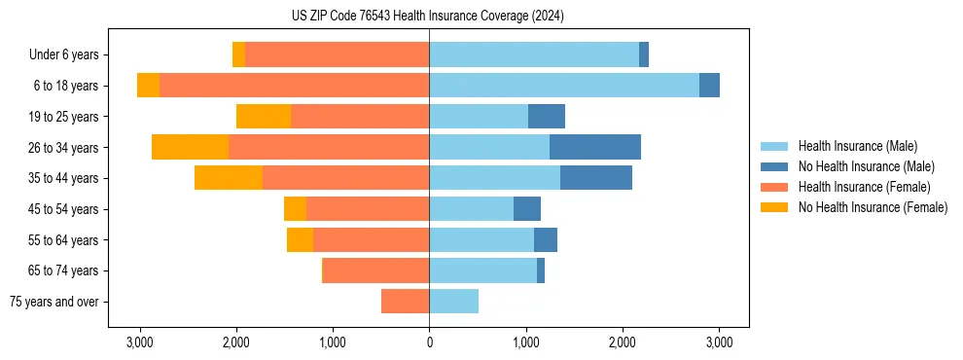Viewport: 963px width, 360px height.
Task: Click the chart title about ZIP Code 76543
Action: click(x=427, y=16)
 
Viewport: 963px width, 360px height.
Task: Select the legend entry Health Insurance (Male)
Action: click(x=857, y=146)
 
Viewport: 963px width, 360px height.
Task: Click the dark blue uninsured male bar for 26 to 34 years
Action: click(x=595, y=147)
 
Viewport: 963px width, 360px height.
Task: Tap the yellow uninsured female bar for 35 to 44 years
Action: click(x=229, y=178)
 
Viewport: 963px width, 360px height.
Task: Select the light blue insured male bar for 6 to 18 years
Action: click(x=564, y=86)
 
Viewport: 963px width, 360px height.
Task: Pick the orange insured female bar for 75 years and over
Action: click(x=405, y=302)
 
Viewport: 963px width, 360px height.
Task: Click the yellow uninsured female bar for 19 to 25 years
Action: click(x=264, y=117)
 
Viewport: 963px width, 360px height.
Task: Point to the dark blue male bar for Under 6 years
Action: click(x=644, y=55)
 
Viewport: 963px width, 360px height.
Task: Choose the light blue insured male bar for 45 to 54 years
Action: click(x=471, y=209)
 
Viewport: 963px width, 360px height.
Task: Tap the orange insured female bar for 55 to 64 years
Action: click(x=371, y=240)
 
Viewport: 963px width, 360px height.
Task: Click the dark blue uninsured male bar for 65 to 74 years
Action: click(x=541, y=270)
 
